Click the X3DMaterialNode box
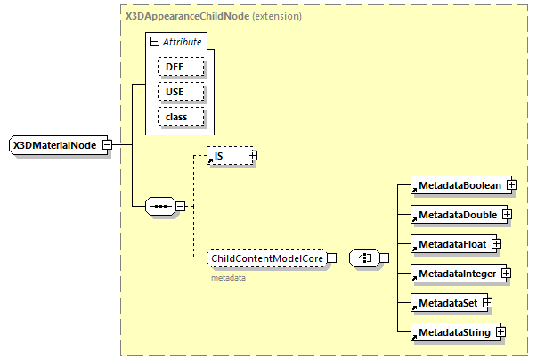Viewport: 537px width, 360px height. coord(54,145)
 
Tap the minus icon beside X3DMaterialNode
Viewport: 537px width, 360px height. coord(107,145)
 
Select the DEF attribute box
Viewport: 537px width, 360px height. coord(182,67)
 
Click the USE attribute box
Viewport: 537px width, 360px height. coord(182,92)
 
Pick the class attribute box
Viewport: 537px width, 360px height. coord(182,117)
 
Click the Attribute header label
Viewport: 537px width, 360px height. coord(182,42)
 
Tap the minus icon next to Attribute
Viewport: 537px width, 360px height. coord(155,42)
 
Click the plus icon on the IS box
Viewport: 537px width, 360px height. coord(252,156)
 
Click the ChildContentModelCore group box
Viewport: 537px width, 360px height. coord(266,258)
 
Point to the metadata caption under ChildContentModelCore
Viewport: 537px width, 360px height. coord(228,278)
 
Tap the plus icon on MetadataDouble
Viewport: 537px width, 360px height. coord(507,214)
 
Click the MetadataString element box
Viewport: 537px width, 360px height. coord(452,332)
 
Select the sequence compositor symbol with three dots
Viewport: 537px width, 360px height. coord(160,207)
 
